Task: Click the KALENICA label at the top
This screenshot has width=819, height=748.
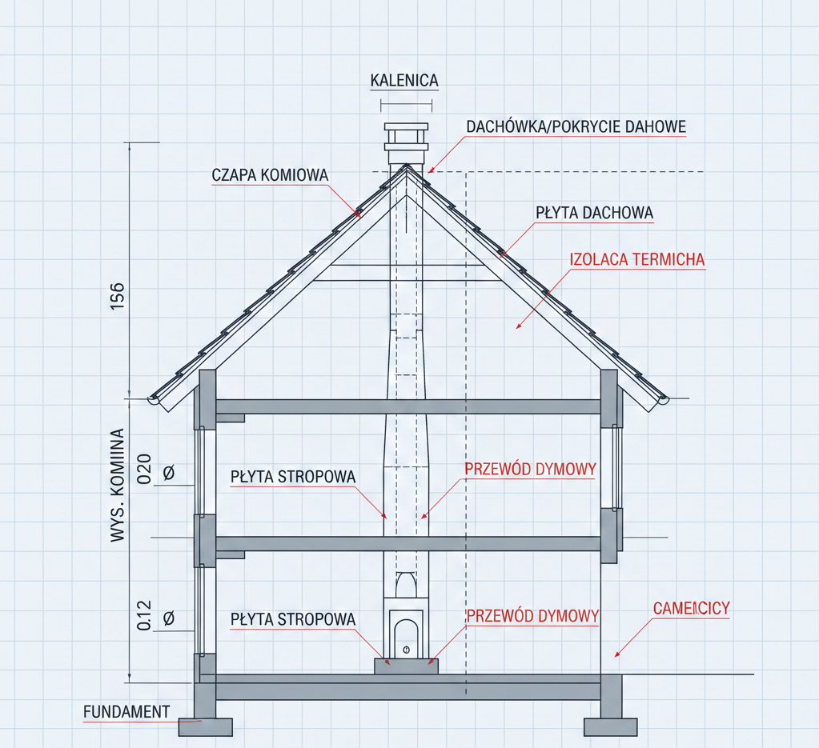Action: [404, 80]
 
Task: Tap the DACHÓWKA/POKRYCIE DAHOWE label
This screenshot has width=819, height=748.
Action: [576, 126]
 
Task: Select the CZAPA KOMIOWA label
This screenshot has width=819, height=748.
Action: [270, 175]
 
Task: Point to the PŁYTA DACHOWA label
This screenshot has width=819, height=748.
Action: [594, 213]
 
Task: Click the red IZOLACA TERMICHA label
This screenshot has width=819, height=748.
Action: [637, 259]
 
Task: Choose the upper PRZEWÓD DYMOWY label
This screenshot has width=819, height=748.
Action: [531, 469]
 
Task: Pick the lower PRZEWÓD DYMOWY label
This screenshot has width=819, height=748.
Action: [532, 616]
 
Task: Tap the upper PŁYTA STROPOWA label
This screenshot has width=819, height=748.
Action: [293, 477]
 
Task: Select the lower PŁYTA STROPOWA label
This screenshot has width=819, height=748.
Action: [293, 619]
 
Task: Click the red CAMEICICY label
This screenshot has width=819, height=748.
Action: [692, 608]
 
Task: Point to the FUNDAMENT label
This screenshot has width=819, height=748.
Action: [126, 712]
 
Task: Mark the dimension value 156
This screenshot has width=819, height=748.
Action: [118, 296]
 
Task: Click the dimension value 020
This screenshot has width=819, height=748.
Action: [144, 469]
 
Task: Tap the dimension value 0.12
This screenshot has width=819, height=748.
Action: [144, 615]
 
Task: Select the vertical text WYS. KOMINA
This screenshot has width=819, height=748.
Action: [118, 485]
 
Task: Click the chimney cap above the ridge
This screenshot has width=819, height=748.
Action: [407, 144]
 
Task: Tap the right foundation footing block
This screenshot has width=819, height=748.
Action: [611, 727]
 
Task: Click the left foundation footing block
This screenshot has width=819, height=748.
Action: [205, 727]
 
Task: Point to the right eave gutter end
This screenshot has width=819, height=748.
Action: [664, 400]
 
